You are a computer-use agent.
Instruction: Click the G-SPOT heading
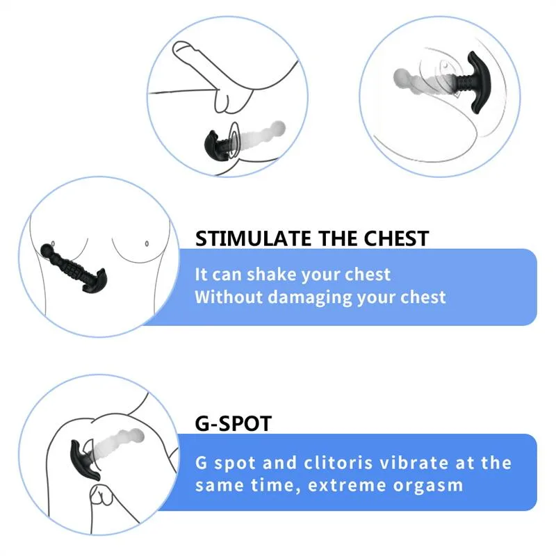233,423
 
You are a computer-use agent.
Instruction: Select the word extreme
332,485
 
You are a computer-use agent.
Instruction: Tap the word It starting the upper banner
202,275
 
